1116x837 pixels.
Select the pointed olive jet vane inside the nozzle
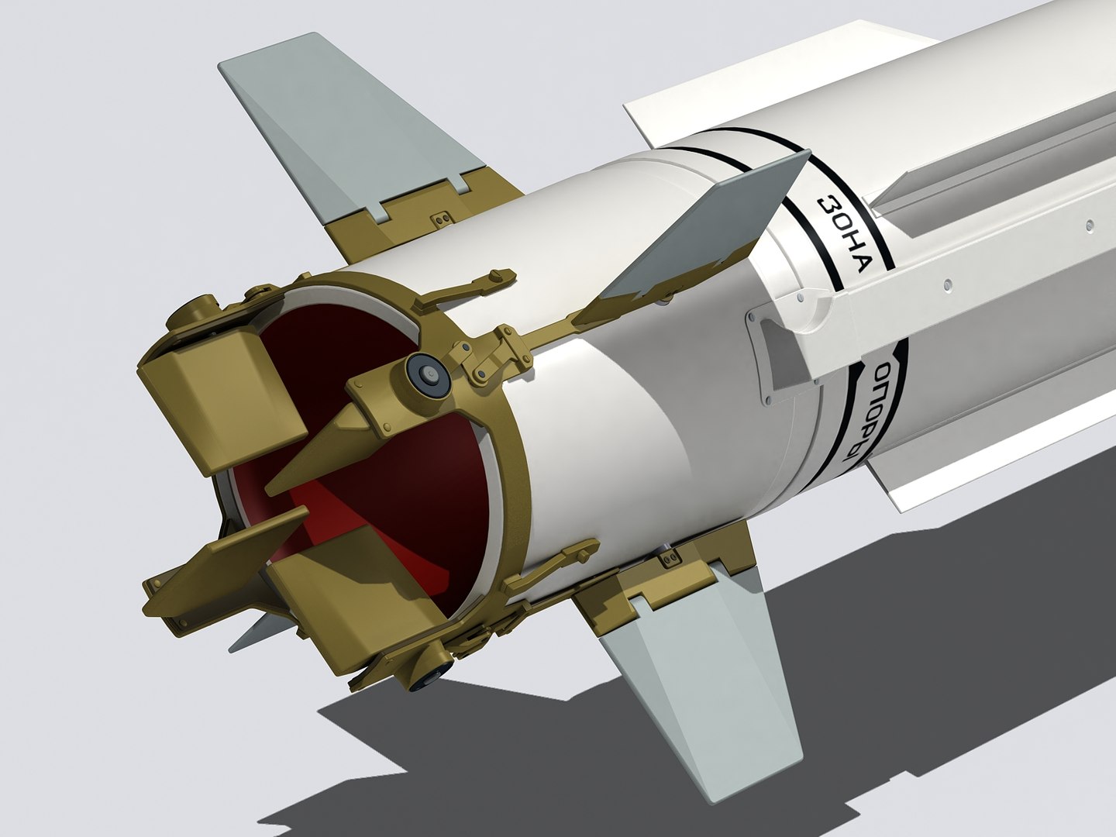[x=325, y=449]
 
